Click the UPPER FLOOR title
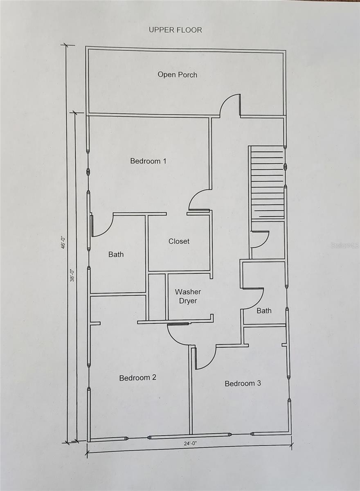175,30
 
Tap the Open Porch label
177,74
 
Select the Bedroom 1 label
148,161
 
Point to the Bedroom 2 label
137,378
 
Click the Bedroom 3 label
243,383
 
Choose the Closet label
179,241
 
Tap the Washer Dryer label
188,296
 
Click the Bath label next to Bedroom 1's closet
116,255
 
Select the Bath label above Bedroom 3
264,311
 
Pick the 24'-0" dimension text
191,443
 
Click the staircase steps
267,182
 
